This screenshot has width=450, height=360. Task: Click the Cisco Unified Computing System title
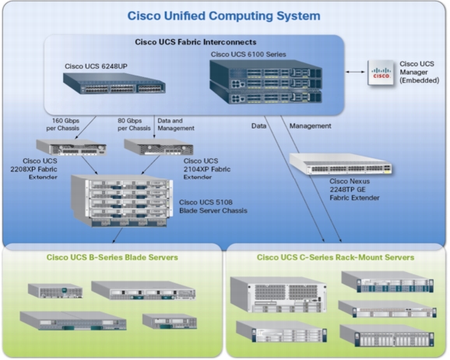click(224, 16)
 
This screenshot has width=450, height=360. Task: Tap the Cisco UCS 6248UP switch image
click(114, 83)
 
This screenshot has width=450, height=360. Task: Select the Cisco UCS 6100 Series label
click(248, 55)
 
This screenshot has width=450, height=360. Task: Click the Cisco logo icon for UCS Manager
click(381, 72)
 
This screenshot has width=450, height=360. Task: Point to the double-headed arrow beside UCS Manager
click(355, 72)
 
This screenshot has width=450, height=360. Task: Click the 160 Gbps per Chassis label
click(63, 125)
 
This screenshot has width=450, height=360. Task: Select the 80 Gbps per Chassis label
click(134, 125)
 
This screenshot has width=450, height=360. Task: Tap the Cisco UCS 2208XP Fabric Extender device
click(72, 147)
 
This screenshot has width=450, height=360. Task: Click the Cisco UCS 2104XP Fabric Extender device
click(159, 147)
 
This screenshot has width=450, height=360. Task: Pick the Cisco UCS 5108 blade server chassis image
click(122, 200)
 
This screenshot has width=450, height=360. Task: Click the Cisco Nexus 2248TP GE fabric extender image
click(340, 164)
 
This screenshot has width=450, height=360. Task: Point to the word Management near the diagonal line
click(310, 125)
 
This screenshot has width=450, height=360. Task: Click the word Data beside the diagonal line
click(258, 125)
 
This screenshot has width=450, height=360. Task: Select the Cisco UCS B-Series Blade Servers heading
click(112, 257)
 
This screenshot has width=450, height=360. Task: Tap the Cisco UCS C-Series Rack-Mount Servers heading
click(336, 257)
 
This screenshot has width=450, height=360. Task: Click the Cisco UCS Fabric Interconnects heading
click(195, 42)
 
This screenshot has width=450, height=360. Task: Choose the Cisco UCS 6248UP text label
click(96, 66)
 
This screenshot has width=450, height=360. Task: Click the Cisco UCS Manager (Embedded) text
click(420, 72)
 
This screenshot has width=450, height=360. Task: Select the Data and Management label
click(176, 125)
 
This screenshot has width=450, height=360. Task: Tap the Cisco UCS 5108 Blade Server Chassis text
click(213, 206)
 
